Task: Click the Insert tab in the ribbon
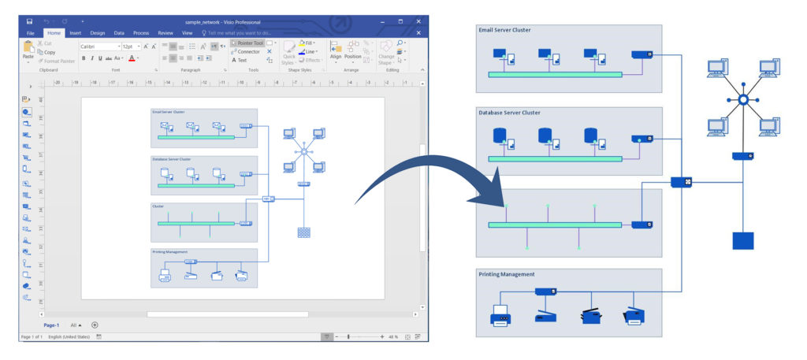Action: [76, 33]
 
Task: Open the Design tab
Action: [98, 33]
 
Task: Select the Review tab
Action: [165, 33]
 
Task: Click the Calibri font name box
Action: [97, 46]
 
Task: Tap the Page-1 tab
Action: [52, 325]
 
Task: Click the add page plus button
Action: [95, 325]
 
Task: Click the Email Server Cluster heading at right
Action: [504, 31]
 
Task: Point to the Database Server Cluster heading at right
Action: [509, 113]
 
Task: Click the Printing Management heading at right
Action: [507, 274]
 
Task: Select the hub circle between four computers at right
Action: [742, 98]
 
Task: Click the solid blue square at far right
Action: [742, 240]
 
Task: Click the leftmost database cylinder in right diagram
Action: [499, 136]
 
